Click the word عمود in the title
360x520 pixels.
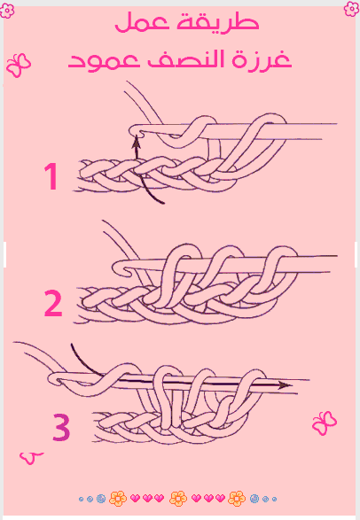coord(104,61)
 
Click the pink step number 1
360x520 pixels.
coord(51,176)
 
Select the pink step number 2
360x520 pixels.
coord(53,303)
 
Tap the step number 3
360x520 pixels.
coord(61,428)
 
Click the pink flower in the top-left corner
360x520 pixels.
coord(7,11)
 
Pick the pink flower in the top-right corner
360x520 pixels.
coord(351,8)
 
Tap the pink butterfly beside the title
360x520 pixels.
coord(19,65)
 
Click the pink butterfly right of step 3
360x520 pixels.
coord(325,423)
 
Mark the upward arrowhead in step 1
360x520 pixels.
coord(136,143)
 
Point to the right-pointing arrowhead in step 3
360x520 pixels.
coord(284,385)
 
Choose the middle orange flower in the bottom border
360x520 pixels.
coord(178,499)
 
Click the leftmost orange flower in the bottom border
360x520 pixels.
coord(118,499)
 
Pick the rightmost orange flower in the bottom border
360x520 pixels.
coord(237,499)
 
